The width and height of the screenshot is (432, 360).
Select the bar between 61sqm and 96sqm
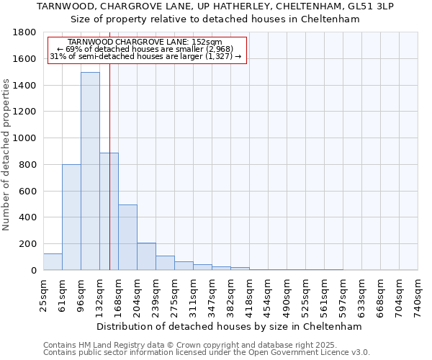[x=71, y=217]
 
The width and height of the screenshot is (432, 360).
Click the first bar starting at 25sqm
[x=53, y=262]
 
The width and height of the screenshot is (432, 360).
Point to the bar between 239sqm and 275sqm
[x=165, y=263]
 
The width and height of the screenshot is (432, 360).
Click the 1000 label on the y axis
[x=26, y=138]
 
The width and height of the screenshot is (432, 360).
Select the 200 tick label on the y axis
[x=29, y=244]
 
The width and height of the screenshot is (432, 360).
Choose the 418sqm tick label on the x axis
[x=249, y=295]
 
